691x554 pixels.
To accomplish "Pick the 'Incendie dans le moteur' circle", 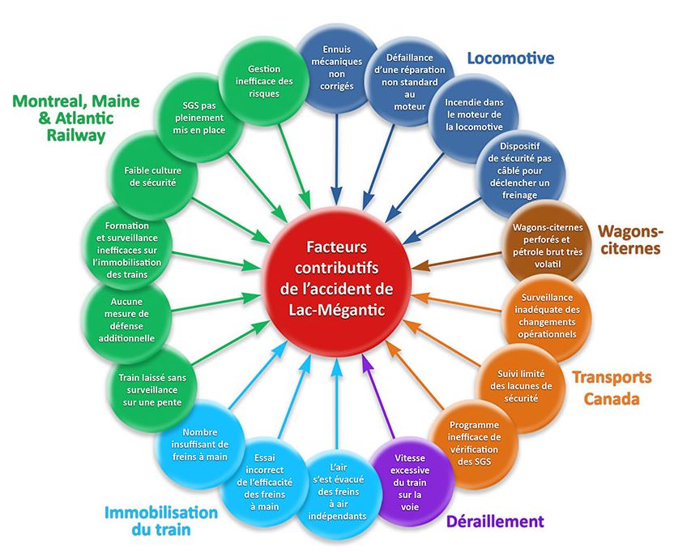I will click(473, 114).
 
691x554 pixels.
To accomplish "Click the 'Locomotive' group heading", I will click(511, 58).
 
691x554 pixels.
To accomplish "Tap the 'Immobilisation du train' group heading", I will click(161, 522).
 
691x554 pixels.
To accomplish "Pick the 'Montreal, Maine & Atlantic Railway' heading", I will click(76, 118).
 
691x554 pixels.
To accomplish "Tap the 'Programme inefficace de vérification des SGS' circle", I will click(474, 442).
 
